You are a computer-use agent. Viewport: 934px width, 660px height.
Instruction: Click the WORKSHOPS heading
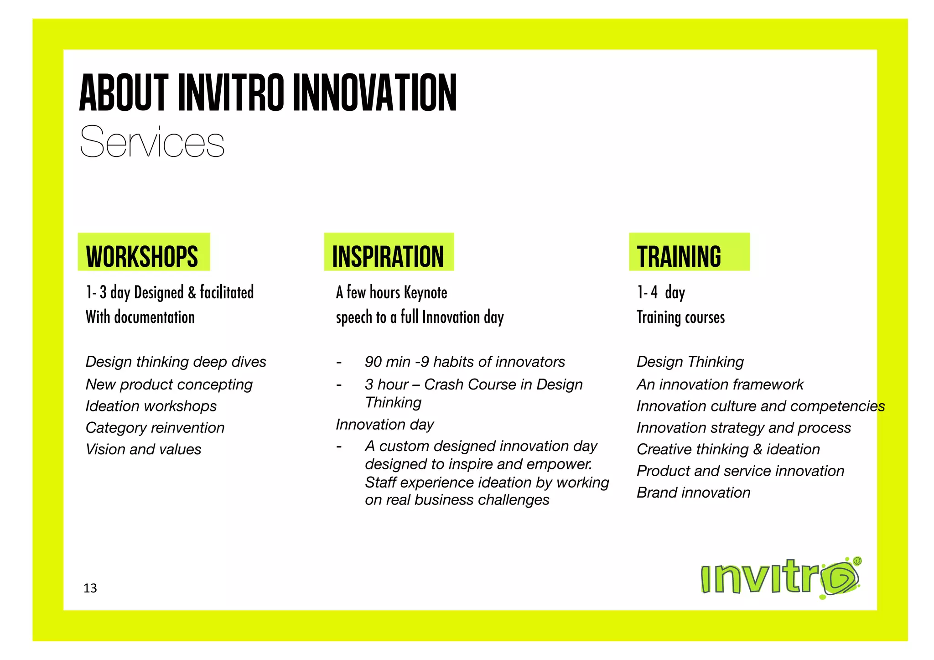(x=142, y=256)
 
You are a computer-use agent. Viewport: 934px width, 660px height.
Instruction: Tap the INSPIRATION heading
(x=388, y=256)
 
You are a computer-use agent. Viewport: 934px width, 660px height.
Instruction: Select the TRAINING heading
(x=679, y=256)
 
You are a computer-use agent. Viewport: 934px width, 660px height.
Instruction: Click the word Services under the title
(x=152, y=142)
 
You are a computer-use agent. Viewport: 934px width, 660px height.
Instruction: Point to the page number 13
(x=90, y=588)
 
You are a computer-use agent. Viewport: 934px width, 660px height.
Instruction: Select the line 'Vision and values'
(x=143, y=449)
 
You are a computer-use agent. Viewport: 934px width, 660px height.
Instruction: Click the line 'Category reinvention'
(x=155, y=428)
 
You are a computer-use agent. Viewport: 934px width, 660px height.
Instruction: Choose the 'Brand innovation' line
(x=693, y=493)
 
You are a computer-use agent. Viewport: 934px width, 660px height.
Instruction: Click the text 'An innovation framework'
(x=720, y=385)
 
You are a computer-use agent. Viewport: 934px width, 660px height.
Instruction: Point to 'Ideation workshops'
(x=151, y=406)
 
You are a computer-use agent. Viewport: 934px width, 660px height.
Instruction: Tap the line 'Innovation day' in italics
(x=385, y=425)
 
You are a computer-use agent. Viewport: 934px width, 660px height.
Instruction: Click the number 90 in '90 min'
(x=373, y=362)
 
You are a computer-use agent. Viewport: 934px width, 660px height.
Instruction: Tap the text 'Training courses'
(x=680, y=317)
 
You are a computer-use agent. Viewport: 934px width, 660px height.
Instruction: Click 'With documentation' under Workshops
(x=140, y=317)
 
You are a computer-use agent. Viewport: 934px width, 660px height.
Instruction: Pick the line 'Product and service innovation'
(x=740, y=471)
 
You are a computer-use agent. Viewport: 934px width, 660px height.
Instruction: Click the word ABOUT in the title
(x=124, y=94)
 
